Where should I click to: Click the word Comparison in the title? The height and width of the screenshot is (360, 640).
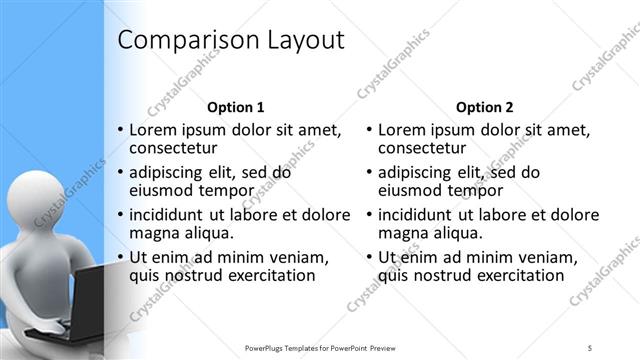click(186, 41)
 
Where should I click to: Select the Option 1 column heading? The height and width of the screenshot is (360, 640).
click(235, 107)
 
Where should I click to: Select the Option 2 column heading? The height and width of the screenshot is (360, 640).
click(485, 107)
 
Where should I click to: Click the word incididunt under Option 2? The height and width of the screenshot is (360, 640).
click(422, 214)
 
